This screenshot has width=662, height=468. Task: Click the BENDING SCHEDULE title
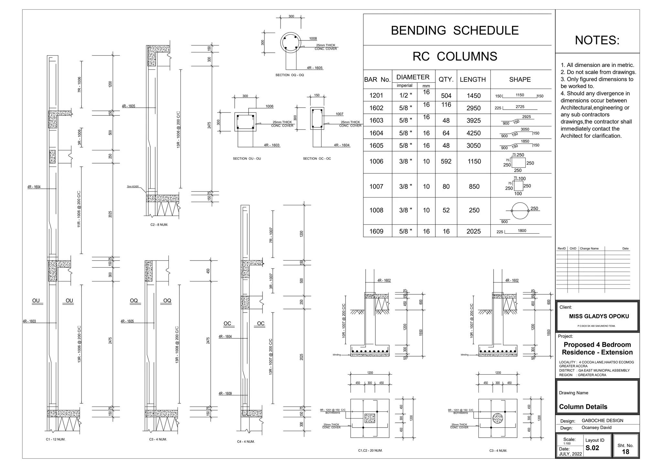point(454,30)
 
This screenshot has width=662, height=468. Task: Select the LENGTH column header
point(473,80)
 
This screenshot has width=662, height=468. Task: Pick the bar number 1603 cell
point(376,121)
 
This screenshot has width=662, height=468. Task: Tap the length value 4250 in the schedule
point(474,133)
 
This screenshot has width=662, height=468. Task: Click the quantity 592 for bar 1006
point(446,161)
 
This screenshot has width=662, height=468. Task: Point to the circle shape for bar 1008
point(520,211)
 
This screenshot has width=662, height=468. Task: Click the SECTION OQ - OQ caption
point(289,75)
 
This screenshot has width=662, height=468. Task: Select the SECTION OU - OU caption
point(247,159)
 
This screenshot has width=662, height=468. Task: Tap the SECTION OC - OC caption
point(317,159)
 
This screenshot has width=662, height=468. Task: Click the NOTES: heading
point(597,40)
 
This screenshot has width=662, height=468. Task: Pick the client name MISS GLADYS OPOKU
point(599,316)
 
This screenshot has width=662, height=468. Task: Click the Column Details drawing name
point(583,407)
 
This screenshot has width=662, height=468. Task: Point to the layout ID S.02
point(592,448)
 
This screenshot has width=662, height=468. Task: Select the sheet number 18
point(625,452)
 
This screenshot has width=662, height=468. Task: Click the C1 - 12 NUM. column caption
point(56,440)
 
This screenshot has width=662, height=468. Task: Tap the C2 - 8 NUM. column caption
point(159,225)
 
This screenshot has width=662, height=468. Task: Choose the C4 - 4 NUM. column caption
point(246,441)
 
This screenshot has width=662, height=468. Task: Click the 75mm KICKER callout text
point(133,186)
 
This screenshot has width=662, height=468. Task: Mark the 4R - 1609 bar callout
point(225,394)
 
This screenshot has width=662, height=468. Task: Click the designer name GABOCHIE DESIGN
point(602,420)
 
